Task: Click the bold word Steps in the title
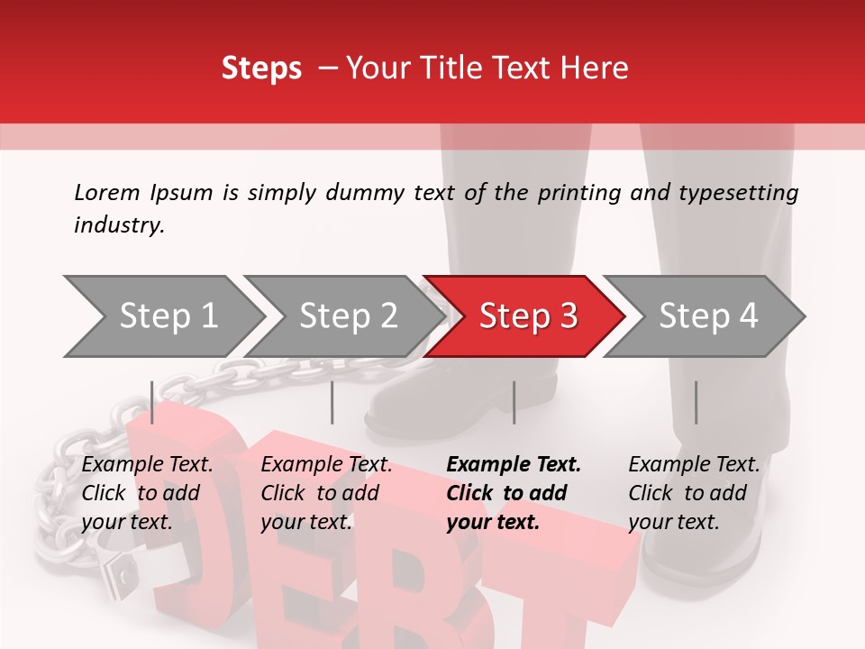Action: coord(261,69)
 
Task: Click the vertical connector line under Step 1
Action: coord(152,402)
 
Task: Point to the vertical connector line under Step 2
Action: coord(332,402)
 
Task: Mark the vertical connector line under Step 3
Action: coord(514,402)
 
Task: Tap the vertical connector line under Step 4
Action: coord(696,402)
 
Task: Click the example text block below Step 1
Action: coord(147,493)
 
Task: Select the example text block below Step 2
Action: coord(326,493)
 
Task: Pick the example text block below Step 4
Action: coord(694,493)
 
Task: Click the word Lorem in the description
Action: coord(106,192)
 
